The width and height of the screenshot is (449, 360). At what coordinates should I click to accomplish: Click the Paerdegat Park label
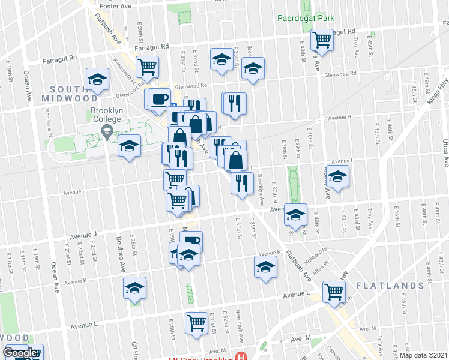pos(306,18)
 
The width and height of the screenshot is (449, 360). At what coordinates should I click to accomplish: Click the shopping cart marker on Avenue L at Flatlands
pos(334,292)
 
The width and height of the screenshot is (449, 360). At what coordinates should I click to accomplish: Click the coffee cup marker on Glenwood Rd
pos(160,99)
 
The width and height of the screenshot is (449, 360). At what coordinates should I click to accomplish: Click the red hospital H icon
pos(241,356)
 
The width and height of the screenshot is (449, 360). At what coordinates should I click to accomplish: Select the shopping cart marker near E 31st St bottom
pos(196,322)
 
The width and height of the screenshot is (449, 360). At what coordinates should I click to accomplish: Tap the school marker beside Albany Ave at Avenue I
pos(338,176)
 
